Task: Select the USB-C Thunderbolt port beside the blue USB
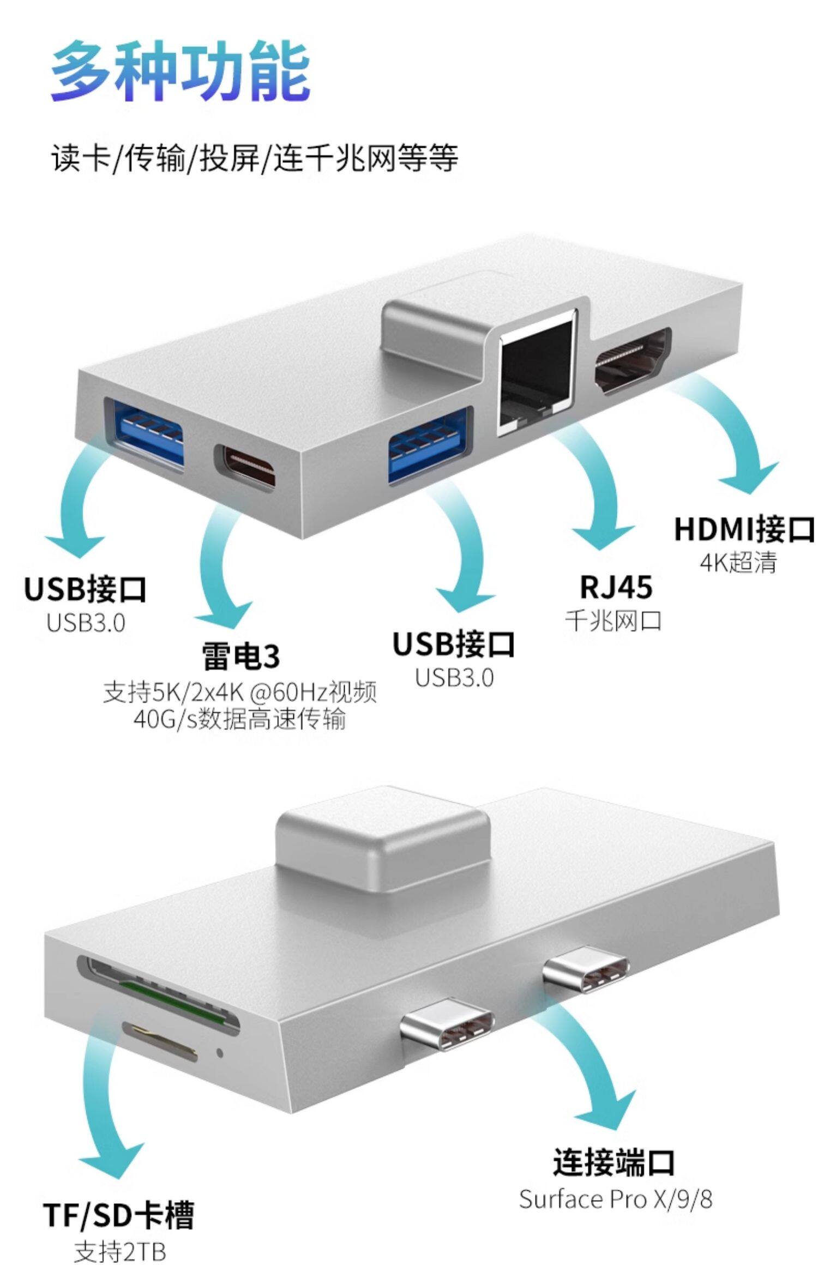tap(245, 466)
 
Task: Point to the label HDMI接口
tap(744, 529)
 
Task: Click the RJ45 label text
tap(616, 587)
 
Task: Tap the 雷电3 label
tap(240, 656)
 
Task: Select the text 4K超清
tap(738, 563)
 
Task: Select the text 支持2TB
tap(120, 1251)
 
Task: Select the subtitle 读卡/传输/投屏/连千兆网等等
tap(255, 158)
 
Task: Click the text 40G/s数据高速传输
tap(240, 719)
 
